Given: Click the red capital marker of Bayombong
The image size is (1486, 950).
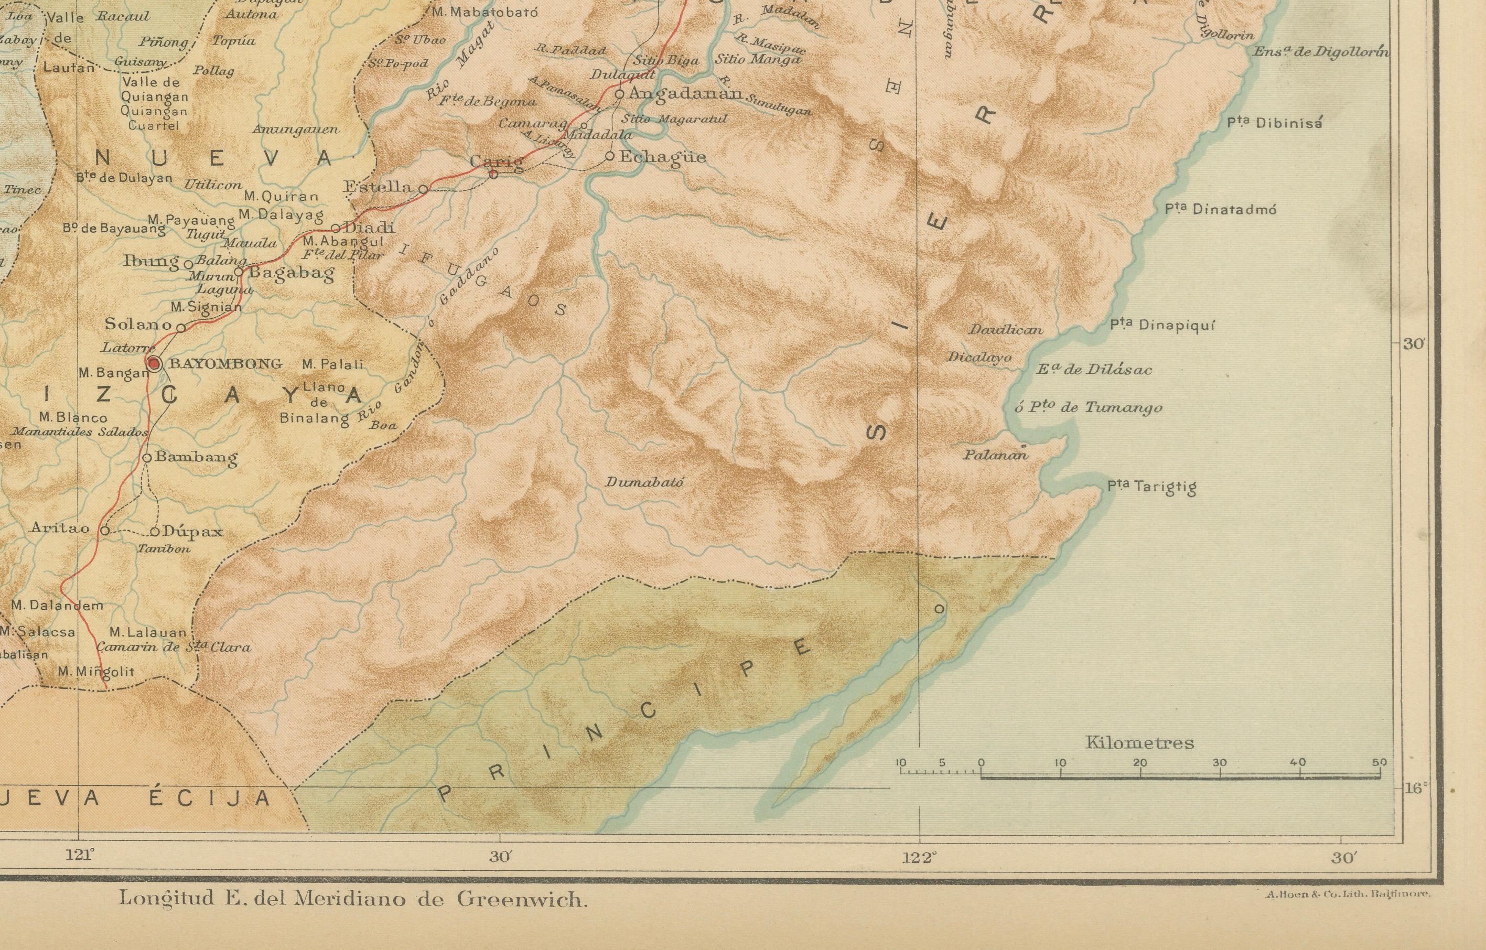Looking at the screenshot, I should [x=153, y=364].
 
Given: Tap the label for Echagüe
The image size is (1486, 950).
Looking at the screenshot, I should [x=662, y=157].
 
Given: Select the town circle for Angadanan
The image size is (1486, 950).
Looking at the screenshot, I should [x=620, y=94].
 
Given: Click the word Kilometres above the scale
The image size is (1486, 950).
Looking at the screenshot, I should [x=1139, y=743].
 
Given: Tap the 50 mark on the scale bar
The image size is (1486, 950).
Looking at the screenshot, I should [x=1379, y=762].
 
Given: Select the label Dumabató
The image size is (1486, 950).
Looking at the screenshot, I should [x=644, y=482].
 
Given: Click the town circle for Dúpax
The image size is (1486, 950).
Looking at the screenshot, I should [x=155, y=532].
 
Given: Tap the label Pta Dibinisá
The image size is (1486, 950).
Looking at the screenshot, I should [x=1274, y=123].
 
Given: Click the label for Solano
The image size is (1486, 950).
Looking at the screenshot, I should [x=138, y=323].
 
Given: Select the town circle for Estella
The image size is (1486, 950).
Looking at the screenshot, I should [x=423, y=189].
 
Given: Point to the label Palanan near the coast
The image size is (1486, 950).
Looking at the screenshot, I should [x=995, y=455].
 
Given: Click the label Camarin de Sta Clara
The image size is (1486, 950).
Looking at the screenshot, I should [x=174, y=647].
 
